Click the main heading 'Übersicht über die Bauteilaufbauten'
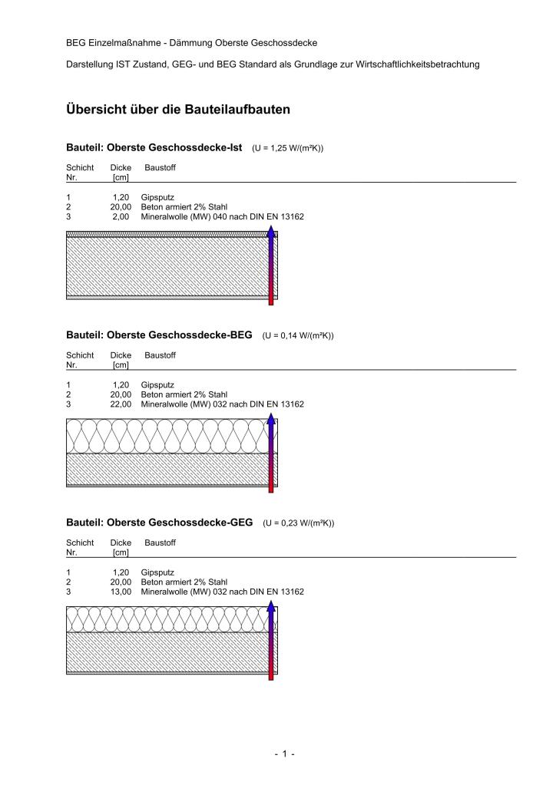click(178, 110)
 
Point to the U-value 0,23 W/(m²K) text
click(298, 523)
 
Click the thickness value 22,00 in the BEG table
click(121, 404)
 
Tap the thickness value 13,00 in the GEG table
click(121, 592)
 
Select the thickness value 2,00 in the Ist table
click(122, 216)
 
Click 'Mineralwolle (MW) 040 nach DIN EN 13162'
click(222, 216)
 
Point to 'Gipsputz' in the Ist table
click(157, 197)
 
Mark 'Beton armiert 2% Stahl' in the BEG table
click(184, 394)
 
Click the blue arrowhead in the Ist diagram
click(271, 231)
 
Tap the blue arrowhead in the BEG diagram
click(271, 419)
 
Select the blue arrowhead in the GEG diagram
click(271, 606)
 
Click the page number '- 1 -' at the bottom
click(285, 754)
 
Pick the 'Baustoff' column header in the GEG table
click(160, 543)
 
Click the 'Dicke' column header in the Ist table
click(121, 167)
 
